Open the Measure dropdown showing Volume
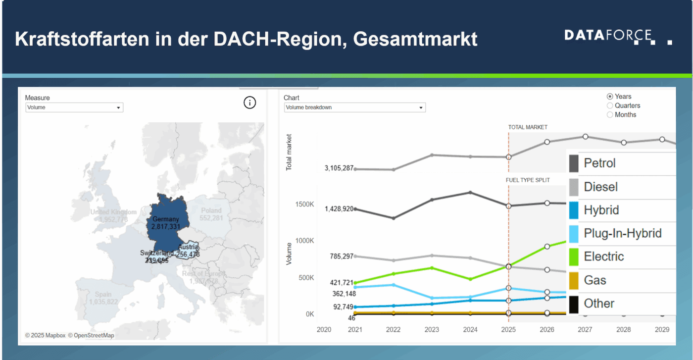(x=74, y=107)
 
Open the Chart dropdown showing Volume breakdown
(x=354, y=107)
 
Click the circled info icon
(x=250, y=103)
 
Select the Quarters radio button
(x=610, y=105)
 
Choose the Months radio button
(x=610, y=115)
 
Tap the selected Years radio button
(x=610, y=97)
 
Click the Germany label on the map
(x=166, y=219)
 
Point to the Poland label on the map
(x=211, y=210)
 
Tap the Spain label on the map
(x=103, y=294)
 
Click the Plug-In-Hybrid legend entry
(x=622, y=233)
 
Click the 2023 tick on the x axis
(x=432, y=330)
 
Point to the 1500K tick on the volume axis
(x=305, y=205)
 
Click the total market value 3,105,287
(x=339, y=168)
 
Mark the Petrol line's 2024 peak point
(x=470, y=193)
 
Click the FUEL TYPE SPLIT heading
(x=528, y=180)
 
